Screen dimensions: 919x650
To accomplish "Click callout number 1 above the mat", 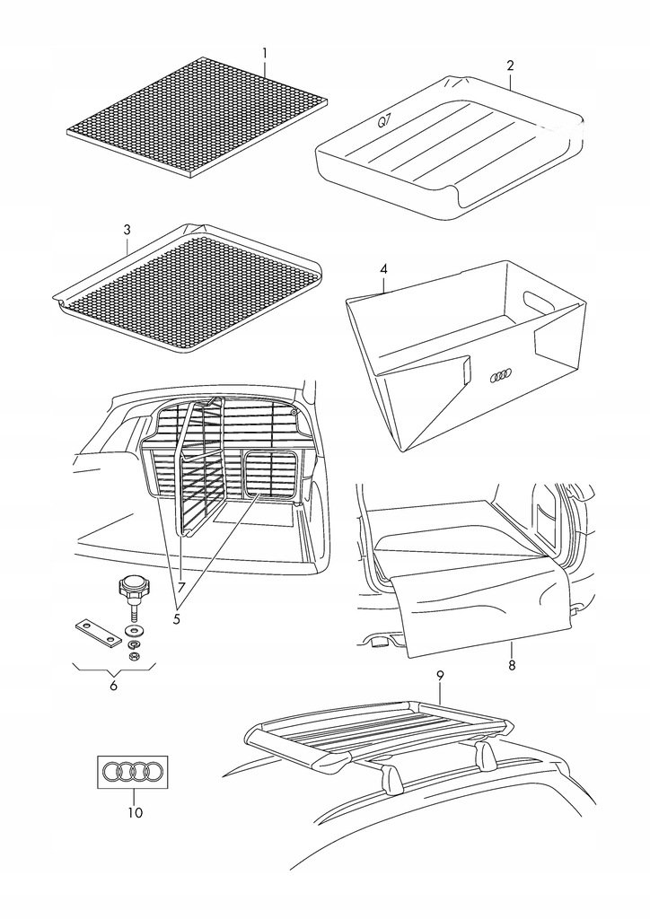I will (x=265, y=53).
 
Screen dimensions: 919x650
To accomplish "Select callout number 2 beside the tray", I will (x=510, y=66).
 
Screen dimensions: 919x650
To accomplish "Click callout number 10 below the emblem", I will (x=134, y=814).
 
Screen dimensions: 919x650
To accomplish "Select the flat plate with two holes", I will (x=96, y=632).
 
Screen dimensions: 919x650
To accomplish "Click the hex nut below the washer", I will (x=135, y=656).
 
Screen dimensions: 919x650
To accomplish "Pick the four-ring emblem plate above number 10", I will (x=133, y=772).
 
